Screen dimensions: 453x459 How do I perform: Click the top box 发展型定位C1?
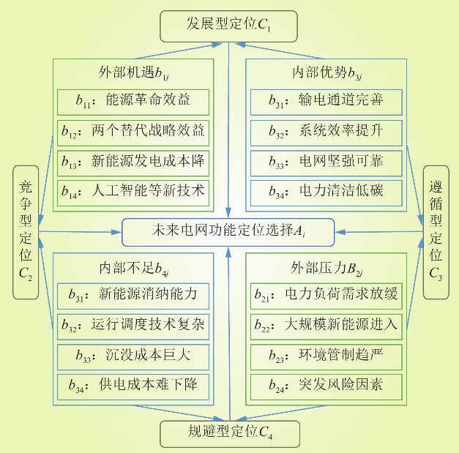(229, 27)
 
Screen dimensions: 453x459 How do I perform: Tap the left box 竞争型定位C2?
(25, 232)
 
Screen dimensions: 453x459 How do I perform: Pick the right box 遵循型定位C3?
(436, 232)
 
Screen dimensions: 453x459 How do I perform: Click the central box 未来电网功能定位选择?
(228, 231)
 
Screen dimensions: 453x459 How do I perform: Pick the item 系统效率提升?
(326, 132)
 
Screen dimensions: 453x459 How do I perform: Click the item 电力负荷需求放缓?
(326, 295)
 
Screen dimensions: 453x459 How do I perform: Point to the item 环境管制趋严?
(326, 356)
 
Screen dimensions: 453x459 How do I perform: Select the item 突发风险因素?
(326, 385)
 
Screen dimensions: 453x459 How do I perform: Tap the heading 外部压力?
(326, 266)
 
